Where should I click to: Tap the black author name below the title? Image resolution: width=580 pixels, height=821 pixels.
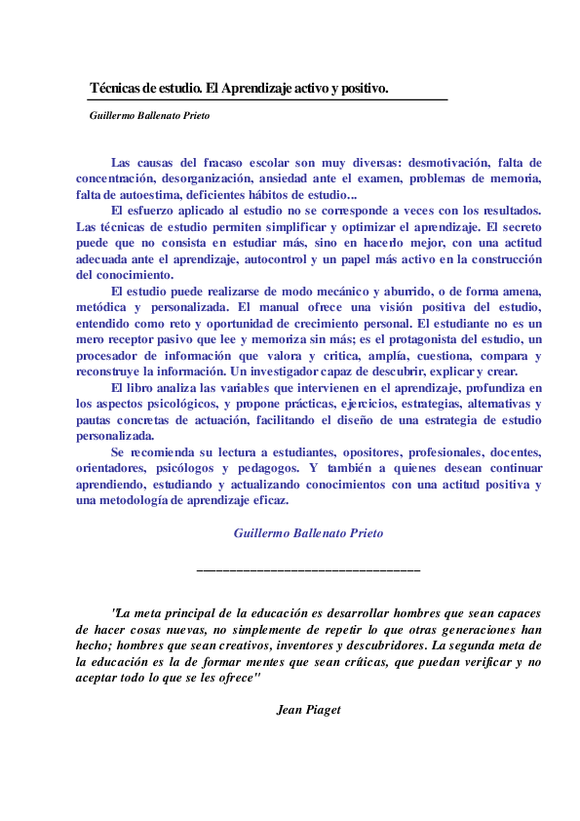point(149,115)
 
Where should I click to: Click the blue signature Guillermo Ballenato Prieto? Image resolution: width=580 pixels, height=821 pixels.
point(308,533)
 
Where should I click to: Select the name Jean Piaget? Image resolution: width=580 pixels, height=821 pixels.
point(308,708)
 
